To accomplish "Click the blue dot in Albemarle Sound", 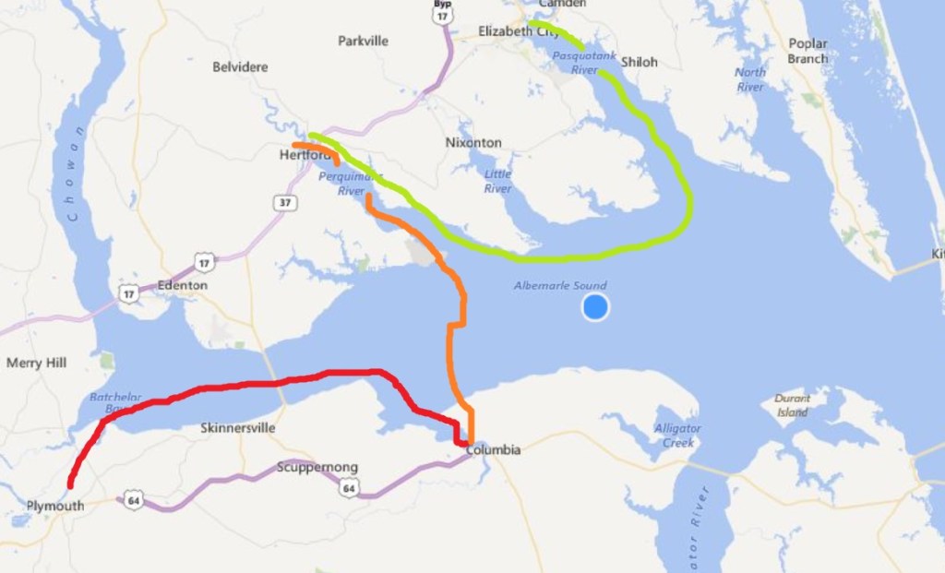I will coord(595,307).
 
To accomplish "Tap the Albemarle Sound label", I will coord(561,286).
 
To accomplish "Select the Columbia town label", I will coord(494,450).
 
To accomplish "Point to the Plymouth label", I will coord(54,506).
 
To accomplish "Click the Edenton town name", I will coord(182,286).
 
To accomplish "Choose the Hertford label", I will coord(304,156).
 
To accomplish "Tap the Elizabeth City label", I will coord(519,31).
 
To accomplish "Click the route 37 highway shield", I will coord(284,202).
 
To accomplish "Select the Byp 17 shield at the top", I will coord(444,10).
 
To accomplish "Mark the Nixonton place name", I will coord(473,143).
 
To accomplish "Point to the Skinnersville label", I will coord(237,428).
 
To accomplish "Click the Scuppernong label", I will coord(317,467).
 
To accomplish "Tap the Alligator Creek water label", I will coord(677,435).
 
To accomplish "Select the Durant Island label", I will coord(792,405).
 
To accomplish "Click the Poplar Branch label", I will coord(807,51).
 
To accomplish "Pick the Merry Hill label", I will coord(36,363).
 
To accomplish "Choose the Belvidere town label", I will coord(240,66).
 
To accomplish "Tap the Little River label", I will coord(497,181).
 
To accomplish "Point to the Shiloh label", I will coord(640,62).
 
